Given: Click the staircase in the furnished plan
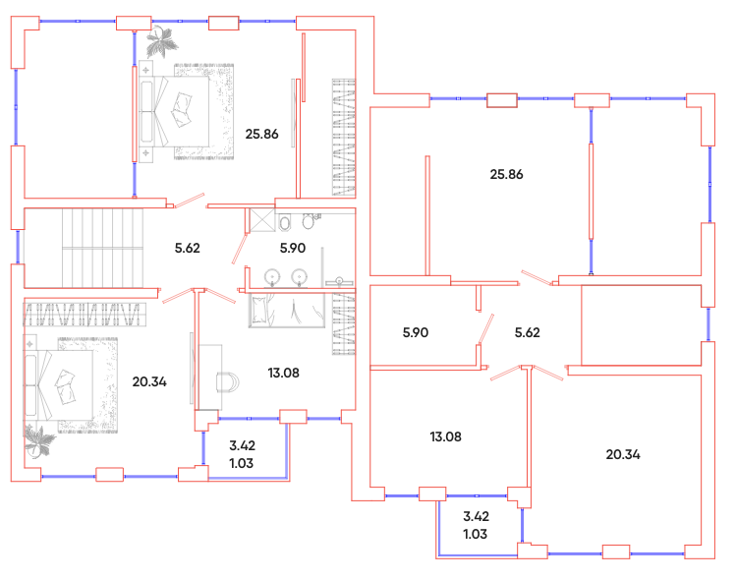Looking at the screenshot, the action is coord(103,248).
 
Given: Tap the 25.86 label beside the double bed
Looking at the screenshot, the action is coord(261,135).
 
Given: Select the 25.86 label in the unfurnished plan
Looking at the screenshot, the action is coord(506,175).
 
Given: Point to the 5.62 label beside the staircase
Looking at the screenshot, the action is coord(188,248).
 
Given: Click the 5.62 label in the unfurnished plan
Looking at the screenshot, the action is coord(527,333).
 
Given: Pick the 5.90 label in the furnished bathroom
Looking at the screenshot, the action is coord(293,248).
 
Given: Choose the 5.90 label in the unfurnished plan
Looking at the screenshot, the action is coord(416,333).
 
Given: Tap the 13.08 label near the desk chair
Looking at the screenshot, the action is coord(283,373).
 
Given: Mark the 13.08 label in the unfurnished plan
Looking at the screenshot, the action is coord(445,437).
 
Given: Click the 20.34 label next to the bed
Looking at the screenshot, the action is coord(149,381).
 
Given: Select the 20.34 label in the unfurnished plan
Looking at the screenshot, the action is coord(623,454).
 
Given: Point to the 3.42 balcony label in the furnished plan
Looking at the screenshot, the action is coord(242,445).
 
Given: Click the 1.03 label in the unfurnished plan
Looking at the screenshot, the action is coord(475,535).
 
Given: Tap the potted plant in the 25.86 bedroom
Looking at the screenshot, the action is coord(161,41).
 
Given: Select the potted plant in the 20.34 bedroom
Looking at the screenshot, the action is coord(39,441).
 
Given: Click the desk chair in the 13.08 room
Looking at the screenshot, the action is coord(228,382).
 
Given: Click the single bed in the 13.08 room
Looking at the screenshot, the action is coord(286,311).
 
